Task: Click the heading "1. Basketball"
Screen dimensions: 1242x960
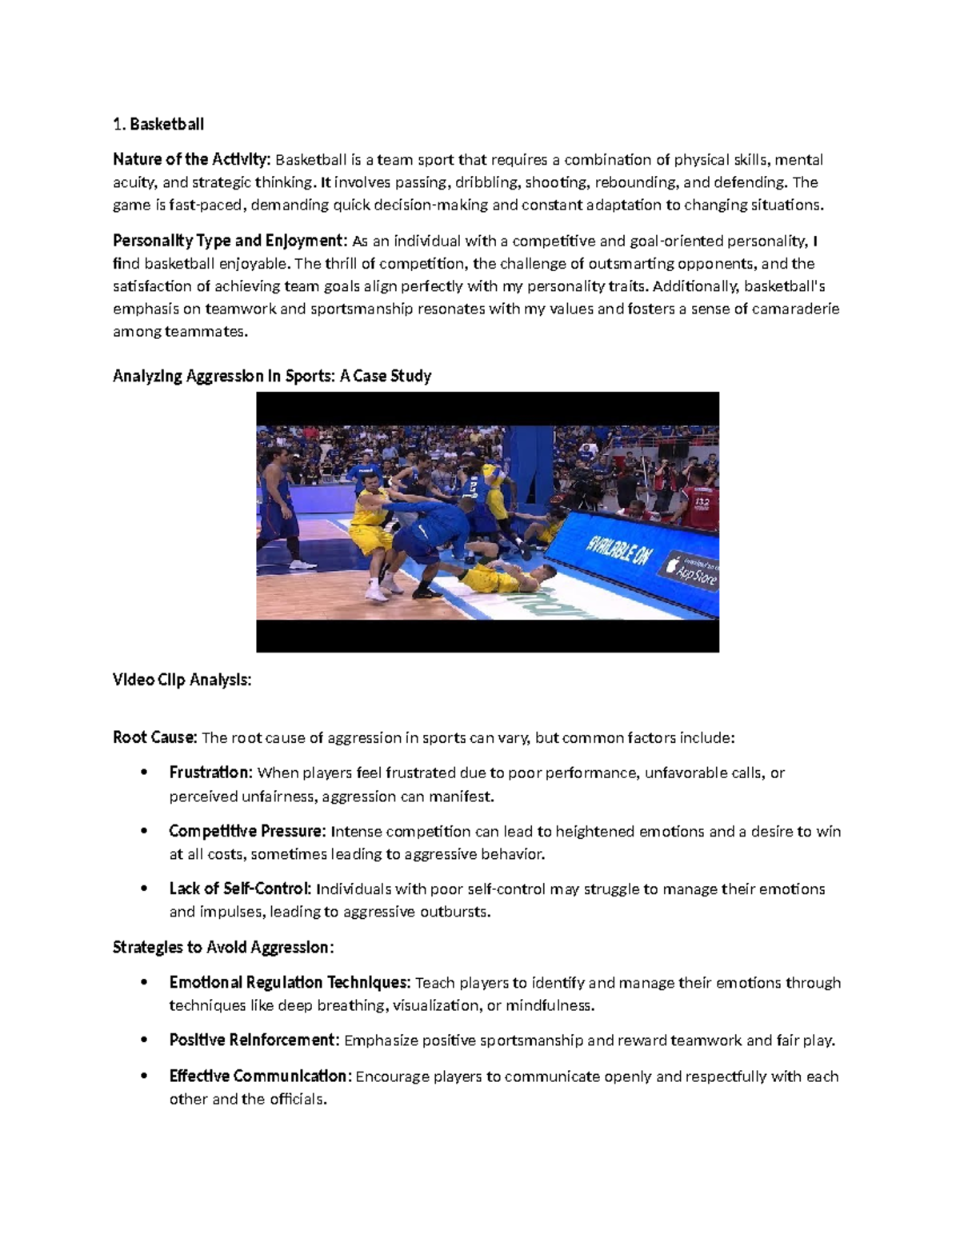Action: click(x=158, y=124)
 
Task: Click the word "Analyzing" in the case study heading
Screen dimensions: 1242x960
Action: click(x=147, y=376)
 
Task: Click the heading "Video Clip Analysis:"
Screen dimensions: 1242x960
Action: click(x=182, y=680)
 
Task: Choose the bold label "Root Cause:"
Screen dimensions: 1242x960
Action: click(x=154, y=737)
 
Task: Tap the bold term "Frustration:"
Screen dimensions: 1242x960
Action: click(x=211, y=773)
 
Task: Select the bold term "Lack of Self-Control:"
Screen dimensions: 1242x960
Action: click(x=241, y=889)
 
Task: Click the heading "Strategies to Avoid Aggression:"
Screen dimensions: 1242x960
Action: click(x=223, y=948)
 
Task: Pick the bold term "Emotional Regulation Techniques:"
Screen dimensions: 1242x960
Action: click(x=290, y=982)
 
